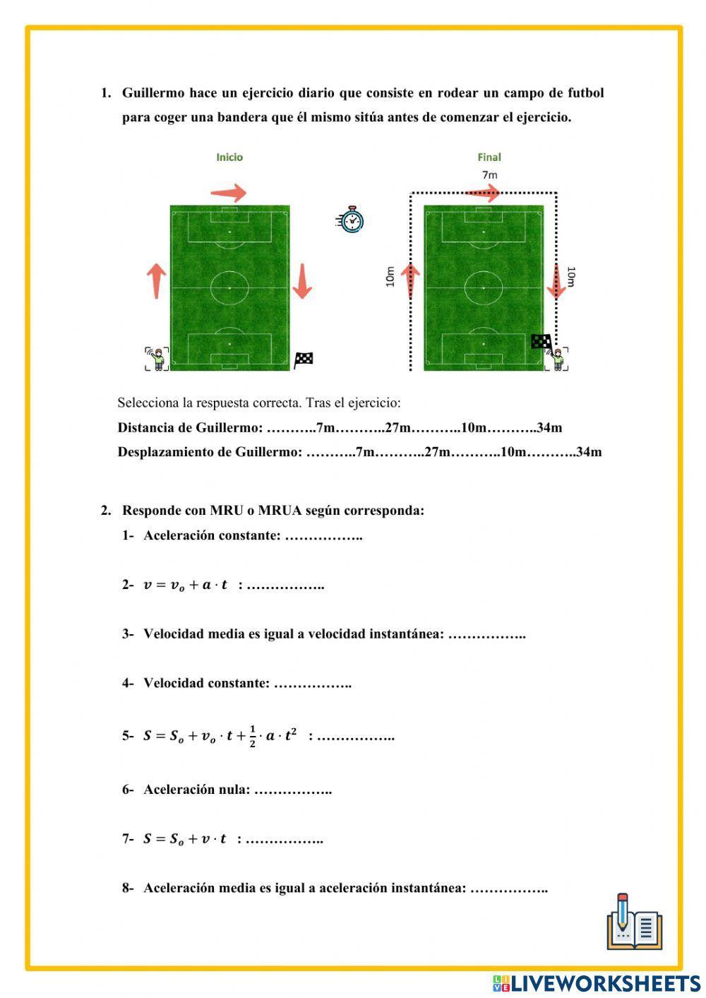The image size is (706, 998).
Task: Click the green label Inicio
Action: (229, 158)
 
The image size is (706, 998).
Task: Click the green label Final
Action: (489, 158)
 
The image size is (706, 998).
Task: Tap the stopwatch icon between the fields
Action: (350, 220)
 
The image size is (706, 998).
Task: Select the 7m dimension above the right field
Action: (489, 174)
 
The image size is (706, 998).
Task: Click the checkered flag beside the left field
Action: (304, 360)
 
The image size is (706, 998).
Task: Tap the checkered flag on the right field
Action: (541, 342)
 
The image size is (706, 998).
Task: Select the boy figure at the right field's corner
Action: (558, 359)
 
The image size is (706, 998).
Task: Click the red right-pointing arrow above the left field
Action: (229, 192)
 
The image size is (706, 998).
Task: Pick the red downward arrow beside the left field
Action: (302, 280)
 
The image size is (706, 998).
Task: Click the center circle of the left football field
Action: (229, 288)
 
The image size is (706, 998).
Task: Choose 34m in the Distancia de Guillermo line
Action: (549, 427)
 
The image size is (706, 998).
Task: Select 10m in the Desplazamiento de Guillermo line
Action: (513, 452)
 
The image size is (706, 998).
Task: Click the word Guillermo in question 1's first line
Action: (153, 93)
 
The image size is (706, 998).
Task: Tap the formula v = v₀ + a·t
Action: (186, 585)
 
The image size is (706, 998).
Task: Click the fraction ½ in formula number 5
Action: (253, 736)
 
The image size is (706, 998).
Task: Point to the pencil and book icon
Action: (634, 922)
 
